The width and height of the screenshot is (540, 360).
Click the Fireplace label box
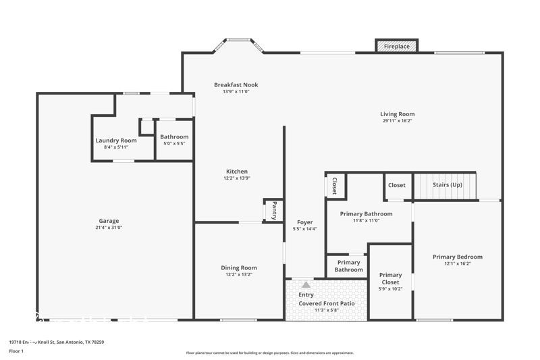(396, 46)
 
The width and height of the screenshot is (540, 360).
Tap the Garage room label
(109, 221)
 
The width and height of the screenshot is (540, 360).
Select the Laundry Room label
(116, 140)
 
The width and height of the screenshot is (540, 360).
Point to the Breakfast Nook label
(236, 84)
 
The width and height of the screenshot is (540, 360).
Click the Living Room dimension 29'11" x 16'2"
(397, 121)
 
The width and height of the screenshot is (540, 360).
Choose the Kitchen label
(236, 172)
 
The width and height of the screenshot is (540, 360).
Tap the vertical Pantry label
(274, 210)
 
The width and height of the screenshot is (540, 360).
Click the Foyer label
(305, 222)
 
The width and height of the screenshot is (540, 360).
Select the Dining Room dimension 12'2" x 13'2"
(239, 274)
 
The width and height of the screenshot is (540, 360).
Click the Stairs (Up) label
(447, 185)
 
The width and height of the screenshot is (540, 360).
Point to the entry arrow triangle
(306, 285)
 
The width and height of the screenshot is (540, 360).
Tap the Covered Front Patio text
(327, 304)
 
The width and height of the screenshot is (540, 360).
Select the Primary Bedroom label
(458, 257)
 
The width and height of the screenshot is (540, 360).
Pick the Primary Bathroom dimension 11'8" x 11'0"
(366, 220)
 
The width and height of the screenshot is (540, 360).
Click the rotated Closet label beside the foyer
(335, 186)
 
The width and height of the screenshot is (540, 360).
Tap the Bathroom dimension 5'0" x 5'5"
(174, 143)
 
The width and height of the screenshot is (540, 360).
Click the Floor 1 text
(16, 351)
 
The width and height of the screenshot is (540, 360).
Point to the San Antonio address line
(56, 342)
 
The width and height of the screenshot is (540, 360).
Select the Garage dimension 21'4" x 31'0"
(109, 228)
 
